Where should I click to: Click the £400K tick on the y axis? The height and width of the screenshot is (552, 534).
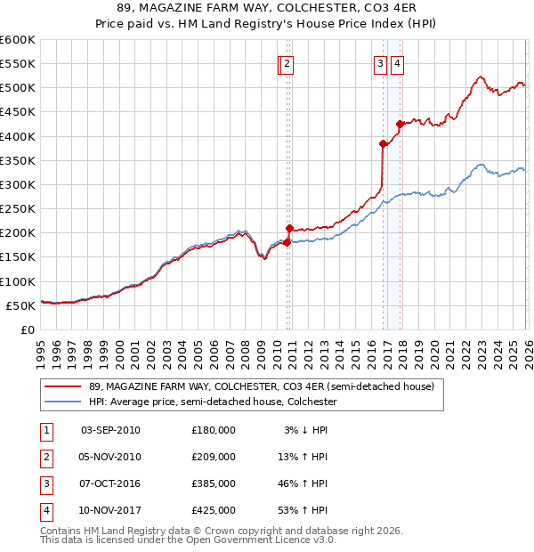17,136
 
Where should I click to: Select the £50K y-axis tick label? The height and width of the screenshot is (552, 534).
20,305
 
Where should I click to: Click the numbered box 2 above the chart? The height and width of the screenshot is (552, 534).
289,63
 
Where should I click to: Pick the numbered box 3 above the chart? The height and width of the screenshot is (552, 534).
380,63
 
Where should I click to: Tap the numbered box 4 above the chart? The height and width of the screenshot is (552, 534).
396,63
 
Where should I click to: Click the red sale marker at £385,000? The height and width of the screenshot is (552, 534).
383,143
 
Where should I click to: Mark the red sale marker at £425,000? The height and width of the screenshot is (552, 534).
400,124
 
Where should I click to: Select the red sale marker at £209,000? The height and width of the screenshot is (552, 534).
289,228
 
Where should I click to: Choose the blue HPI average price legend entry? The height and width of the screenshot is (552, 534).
213,402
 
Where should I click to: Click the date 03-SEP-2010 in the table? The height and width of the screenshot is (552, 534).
110,430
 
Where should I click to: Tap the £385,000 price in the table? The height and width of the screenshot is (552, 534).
214,483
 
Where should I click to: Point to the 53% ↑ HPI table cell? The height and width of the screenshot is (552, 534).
307,510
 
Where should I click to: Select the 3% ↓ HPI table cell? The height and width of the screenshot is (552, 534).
307,430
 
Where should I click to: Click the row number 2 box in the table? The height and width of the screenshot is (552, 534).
45,457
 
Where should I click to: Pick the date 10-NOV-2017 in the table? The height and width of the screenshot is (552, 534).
110,510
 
